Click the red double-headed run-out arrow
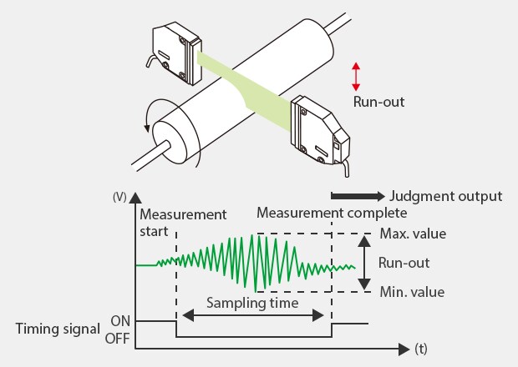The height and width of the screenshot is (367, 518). [356, 76]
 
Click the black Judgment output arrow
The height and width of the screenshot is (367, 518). [357, 197]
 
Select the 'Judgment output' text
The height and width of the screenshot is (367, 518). [445, 197]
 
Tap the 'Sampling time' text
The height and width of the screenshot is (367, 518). [253, 304]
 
